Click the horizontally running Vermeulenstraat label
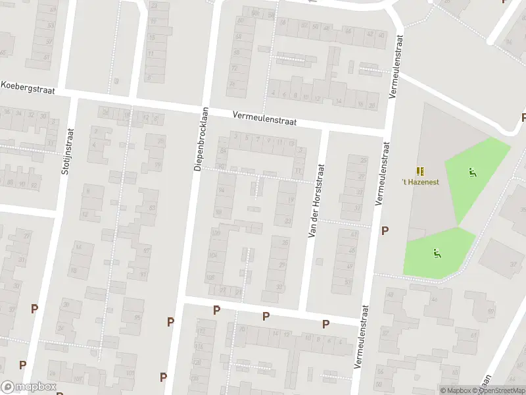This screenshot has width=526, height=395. (265, 118)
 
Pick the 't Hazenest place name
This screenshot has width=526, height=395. (421, 181)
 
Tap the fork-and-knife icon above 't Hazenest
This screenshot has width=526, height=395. (421, 170)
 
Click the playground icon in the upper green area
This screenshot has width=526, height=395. (471, 173)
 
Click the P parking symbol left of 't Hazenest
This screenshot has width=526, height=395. (385, 230)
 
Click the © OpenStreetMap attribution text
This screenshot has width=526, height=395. (502, 390)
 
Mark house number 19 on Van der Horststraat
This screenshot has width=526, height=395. (291, 200)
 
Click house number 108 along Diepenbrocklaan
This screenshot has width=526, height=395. (211, 277)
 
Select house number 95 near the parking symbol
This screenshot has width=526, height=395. (137, 318)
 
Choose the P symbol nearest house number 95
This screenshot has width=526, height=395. (170, 322)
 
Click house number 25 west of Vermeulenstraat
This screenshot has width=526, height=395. (362, 160)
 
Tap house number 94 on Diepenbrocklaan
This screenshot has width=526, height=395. (221, 190)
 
